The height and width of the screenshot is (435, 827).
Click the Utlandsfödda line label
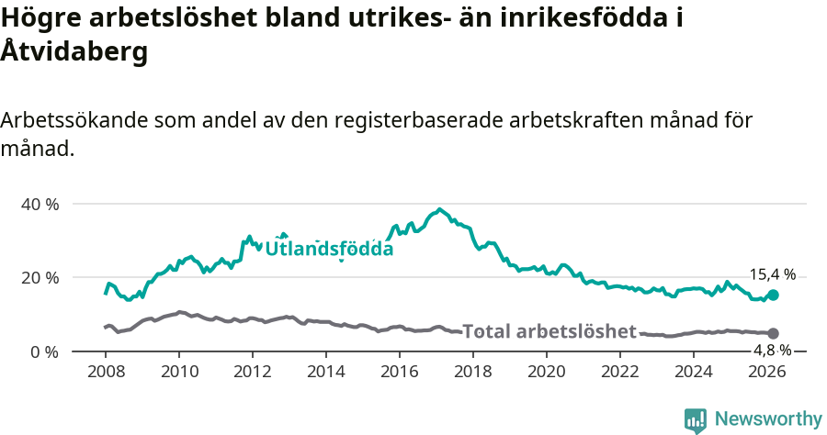point(329,249)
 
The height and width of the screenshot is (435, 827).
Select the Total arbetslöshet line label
point(549,331)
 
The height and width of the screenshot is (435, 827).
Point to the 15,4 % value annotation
point(772,274)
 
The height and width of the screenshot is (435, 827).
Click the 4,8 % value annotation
point(772,350)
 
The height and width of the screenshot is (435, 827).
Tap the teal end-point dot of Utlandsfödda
point(773,295)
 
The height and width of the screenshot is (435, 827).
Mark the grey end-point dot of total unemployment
point(773,333)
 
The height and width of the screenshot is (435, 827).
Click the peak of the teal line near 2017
point(439,209)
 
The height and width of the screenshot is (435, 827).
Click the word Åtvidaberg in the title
point(74,52)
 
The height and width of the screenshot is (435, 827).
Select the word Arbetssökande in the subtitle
point(74,120)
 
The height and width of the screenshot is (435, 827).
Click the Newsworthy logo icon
point(696,420)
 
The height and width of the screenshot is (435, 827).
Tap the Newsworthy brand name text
point(768,419)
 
